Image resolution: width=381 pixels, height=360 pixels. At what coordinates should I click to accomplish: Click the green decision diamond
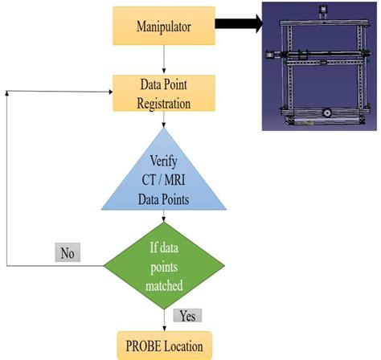(x=164, y=264)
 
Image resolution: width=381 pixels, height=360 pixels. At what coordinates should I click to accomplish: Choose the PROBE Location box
(x=164, y=346)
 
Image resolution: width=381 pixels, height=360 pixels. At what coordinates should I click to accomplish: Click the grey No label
(x=66, y=252)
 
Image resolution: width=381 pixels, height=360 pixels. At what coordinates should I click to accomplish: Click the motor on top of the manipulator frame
(x=323, y=11)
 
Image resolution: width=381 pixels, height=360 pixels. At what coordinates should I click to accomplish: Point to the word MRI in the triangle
(x=178, y=182)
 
